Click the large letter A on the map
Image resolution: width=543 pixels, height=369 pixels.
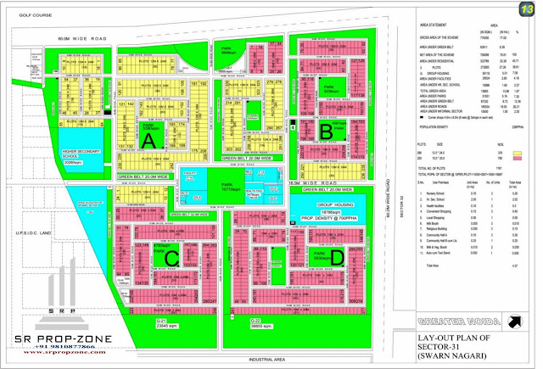click(x=149, y=141)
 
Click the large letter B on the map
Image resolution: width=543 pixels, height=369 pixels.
click(x=325, y=131)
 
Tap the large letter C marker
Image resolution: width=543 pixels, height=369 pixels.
click(x=171, y=256)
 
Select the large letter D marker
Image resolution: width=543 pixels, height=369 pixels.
click(x=339, y=257)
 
